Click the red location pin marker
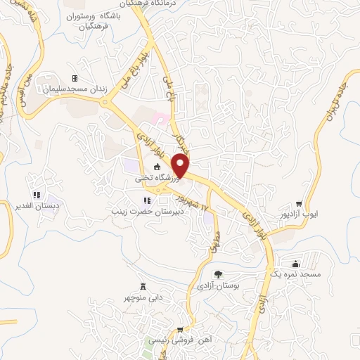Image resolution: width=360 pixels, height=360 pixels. point(181,166)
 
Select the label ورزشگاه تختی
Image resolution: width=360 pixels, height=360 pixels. point(155,179)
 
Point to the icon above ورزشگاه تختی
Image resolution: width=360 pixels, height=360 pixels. point(156,167)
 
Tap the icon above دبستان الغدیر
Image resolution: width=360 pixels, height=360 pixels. point(36,195)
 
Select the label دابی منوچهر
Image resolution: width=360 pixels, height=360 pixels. point(145,297)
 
